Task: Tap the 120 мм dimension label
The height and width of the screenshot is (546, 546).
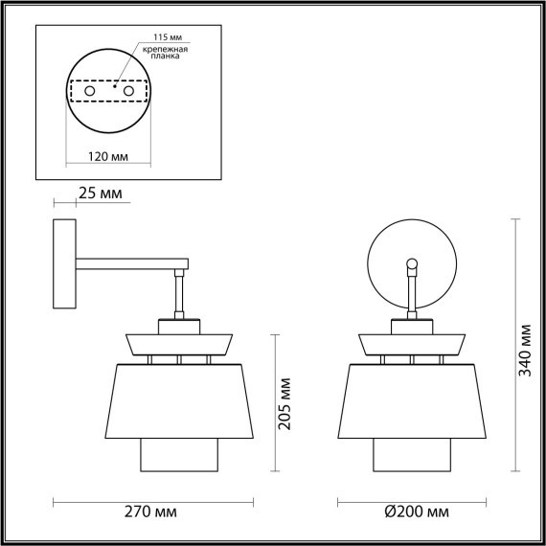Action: [107, 154]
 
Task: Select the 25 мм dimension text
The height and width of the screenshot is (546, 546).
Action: [101, 194]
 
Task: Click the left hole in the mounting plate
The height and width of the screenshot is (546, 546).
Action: [90, 91]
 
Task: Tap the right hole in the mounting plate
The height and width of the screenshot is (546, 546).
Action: [125, 91]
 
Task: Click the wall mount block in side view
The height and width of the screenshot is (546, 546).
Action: [65, 262]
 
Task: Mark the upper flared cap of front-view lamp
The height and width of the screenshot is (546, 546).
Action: [411, 342]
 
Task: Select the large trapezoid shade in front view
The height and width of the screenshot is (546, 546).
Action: [411, 399]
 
